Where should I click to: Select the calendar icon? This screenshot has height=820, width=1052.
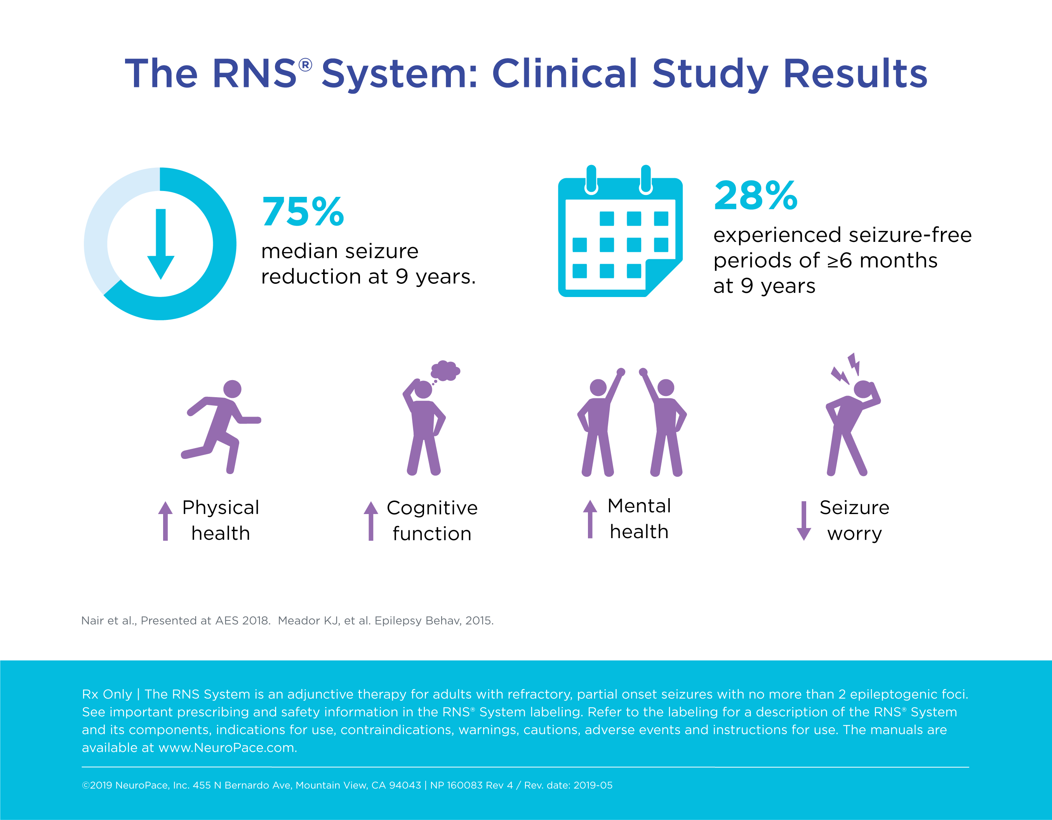[x=619, y=233]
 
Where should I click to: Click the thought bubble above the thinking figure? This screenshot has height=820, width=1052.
[x=445, y=370]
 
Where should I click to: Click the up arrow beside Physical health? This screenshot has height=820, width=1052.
[x=165, y=521]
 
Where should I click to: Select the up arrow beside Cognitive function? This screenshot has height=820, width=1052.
[x=370, y=521]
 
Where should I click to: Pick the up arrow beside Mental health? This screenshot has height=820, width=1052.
[x=589, y=519]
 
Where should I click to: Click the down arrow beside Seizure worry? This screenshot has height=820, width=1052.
[x=803, y=521]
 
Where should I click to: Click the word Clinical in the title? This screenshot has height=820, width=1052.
[x=565, y=74]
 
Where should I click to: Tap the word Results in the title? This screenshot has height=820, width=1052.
[x=855, y=74]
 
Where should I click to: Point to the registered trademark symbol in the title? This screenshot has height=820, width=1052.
[x=305, y=64]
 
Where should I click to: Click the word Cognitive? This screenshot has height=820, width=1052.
[x=432, y=508]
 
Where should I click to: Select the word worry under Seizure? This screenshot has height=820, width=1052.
[x=854, y=534]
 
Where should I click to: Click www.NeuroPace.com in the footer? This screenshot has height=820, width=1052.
[x=227, y=747]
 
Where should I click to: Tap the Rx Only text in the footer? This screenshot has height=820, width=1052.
[x=106, y=694]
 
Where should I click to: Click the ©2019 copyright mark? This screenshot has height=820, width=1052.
[x=98, y=785]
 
